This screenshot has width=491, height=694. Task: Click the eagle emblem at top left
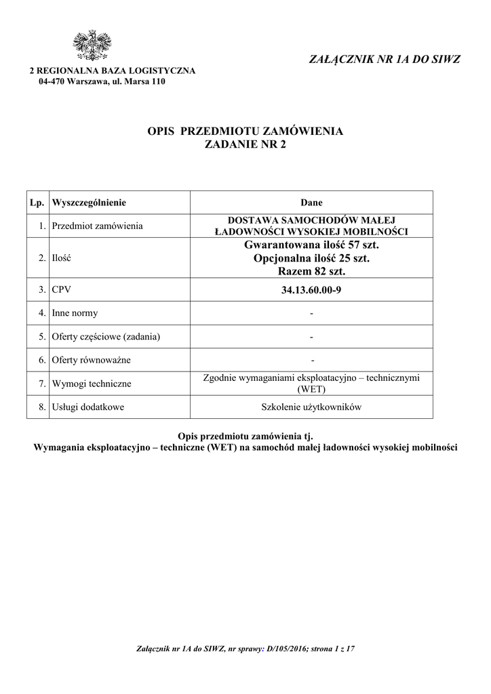[x=92, y=47]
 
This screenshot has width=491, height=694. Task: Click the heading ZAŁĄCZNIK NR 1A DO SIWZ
[x=384, y=60]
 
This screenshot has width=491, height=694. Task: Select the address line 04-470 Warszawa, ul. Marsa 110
[x=102, y=82]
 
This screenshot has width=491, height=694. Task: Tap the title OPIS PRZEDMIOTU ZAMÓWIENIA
[x=245, y=131]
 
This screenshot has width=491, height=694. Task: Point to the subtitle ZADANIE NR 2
[x=245, y=144]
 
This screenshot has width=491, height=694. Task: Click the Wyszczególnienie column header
[x=89, y=203]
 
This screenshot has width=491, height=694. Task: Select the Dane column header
[x=311, y=203]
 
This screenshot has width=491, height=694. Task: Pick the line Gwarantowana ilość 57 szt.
[x=311, y=245]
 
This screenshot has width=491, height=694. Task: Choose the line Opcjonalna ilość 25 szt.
[x=311, y=258]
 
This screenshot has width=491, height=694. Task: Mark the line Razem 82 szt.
[x=311, y=272]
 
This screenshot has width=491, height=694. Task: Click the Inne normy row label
[x=75, y=313]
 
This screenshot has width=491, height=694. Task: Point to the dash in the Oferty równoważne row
[x=311, y=360]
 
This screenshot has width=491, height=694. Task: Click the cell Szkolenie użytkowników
[x=311, y=407]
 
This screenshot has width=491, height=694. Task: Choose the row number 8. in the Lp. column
[x=42, y=407]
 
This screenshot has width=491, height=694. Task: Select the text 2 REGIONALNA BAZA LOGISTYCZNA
[x=111, y=71]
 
